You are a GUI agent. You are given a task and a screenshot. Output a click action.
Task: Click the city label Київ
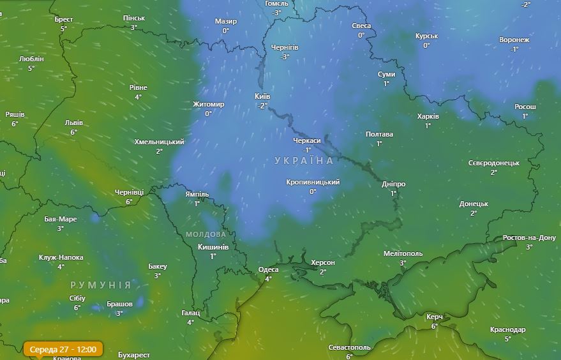point(262,96)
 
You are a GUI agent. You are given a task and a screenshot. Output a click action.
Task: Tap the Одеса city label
point(268,269)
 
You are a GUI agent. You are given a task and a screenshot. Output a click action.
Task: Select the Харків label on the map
point(428,117)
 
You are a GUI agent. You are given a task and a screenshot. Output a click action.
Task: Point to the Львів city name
point(73,123)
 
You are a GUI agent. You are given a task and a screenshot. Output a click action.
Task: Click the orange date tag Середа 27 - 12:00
point(63,349)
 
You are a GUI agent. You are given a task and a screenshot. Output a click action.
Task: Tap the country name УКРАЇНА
point(304,160)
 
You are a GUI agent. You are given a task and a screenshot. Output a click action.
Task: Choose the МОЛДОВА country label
point(206,234)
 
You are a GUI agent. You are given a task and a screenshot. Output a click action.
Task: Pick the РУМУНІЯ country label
point(100,285)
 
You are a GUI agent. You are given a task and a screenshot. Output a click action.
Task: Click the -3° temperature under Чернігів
point(285,57)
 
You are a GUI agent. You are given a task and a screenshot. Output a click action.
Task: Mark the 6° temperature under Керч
point(435,326)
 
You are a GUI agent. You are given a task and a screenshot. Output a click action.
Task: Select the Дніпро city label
point(393,184)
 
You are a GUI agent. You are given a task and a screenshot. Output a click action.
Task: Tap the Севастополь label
point(349,347)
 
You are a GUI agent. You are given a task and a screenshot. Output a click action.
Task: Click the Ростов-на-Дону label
point(529,237)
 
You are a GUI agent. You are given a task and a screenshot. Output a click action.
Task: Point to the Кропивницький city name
point(313,182)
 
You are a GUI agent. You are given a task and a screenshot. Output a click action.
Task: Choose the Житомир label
point(209,104)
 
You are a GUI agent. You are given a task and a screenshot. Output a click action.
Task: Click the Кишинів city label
point(213,247)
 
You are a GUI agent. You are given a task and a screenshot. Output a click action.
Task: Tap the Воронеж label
point(514,40)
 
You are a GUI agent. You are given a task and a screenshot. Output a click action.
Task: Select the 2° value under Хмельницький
point(160,151)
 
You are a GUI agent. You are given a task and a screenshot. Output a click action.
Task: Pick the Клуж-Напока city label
point(61,257)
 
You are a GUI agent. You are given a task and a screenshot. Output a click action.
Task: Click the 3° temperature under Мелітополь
point(403,263)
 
